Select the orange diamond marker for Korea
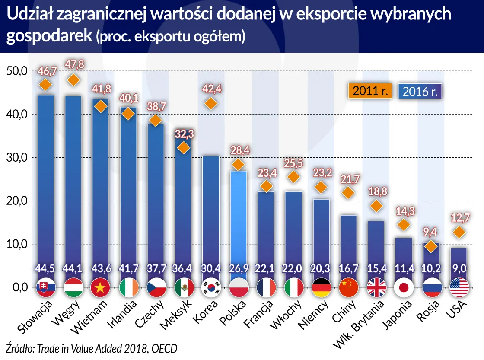point(210,103)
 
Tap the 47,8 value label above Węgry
point(73,64)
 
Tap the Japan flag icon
point(403,287)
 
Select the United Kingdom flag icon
point(376,287)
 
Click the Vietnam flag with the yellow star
point(100,287)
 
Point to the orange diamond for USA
point(459,233)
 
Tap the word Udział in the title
point(27,15)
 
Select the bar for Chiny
point(348,242)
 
